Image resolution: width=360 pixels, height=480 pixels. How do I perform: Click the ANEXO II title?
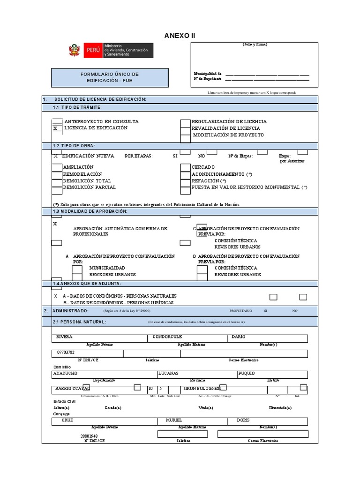[x=180, y=36]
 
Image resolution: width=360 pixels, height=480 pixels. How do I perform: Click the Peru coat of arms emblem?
[x=74, y=50]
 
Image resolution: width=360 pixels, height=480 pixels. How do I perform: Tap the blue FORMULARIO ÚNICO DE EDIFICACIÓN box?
[x=110, y=77]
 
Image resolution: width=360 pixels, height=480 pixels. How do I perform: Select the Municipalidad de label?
[x=208, y=74]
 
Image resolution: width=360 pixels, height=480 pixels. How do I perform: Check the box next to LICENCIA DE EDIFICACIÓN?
[x=56, y=128]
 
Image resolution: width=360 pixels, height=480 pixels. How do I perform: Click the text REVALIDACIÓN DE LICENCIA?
[x=226, y=128]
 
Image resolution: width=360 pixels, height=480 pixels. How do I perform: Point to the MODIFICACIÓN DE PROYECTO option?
[x=228, y=135]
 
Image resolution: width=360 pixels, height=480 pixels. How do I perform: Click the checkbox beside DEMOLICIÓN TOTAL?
[x=56, y=181]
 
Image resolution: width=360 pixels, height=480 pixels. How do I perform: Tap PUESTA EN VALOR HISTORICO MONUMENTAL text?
[x=249, y=187]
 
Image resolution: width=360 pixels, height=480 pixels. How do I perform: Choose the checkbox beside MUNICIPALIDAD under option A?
[x=77, y=269]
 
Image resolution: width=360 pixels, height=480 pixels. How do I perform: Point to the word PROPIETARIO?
[x=240, y=311]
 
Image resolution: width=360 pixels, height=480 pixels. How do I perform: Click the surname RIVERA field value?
[x=64, y=337]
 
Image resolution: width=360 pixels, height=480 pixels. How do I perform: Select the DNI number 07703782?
[x=66, y=352]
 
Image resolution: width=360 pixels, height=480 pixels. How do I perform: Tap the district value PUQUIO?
[x=247, y=374]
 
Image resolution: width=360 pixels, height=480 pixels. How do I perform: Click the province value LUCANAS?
[x=168, y=374]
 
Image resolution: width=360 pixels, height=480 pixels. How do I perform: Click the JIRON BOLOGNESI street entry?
[x=201, y=389]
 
